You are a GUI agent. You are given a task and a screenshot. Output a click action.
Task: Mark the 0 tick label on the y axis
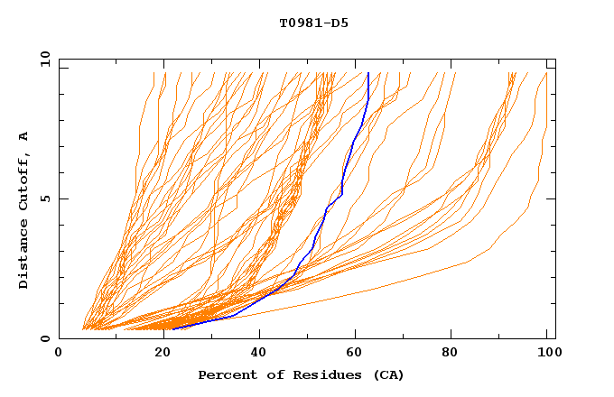tap(45, 339)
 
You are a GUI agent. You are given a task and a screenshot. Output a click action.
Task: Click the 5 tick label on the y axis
tap(45, 198)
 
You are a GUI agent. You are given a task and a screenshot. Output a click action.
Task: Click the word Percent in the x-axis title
tap(223, 375)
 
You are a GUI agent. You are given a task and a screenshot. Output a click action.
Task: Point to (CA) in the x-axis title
tap(389, 375)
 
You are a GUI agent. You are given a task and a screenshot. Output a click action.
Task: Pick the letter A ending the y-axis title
tap(24, 136)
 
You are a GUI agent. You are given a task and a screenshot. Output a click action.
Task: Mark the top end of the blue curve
tap(368, 72)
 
